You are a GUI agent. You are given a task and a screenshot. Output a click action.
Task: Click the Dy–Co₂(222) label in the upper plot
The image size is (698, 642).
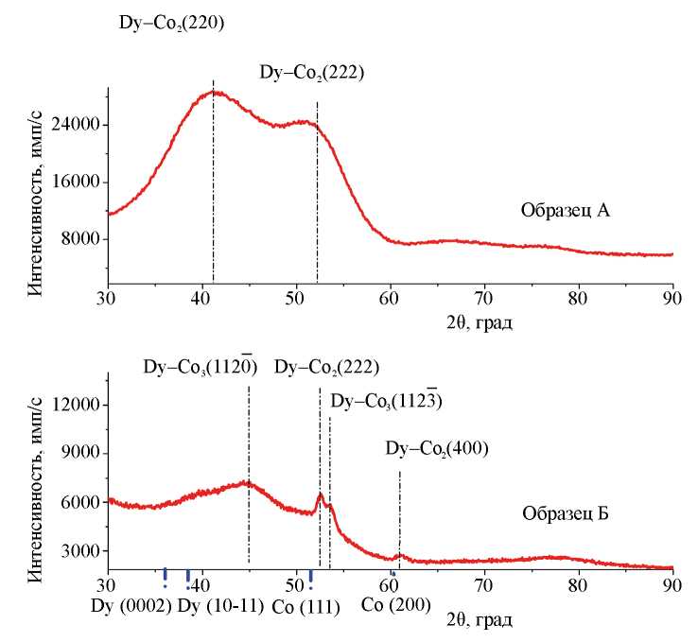pos(311,72)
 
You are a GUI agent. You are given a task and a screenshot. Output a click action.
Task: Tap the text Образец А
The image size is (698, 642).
pos(564,210)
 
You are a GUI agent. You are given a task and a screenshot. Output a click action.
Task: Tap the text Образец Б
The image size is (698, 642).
pos(564,515)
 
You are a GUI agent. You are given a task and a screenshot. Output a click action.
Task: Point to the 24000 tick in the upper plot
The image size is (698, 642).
pos(78,125)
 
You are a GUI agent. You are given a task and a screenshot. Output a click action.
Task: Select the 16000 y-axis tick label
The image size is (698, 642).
pos(78,182)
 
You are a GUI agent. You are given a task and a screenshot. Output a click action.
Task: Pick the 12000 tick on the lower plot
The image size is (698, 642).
pos(78,405)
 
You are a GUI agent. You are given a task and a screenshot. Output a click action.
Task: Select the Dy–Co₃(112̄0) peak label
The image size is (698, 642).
pos(200,365)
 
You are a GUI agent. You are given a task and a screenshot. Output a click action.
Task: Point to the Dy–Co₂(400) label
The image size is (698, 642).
pos(436,447)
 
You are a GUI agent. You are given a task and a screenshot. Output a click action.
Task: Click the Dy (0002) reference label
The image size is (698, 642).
pos(131,605)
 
